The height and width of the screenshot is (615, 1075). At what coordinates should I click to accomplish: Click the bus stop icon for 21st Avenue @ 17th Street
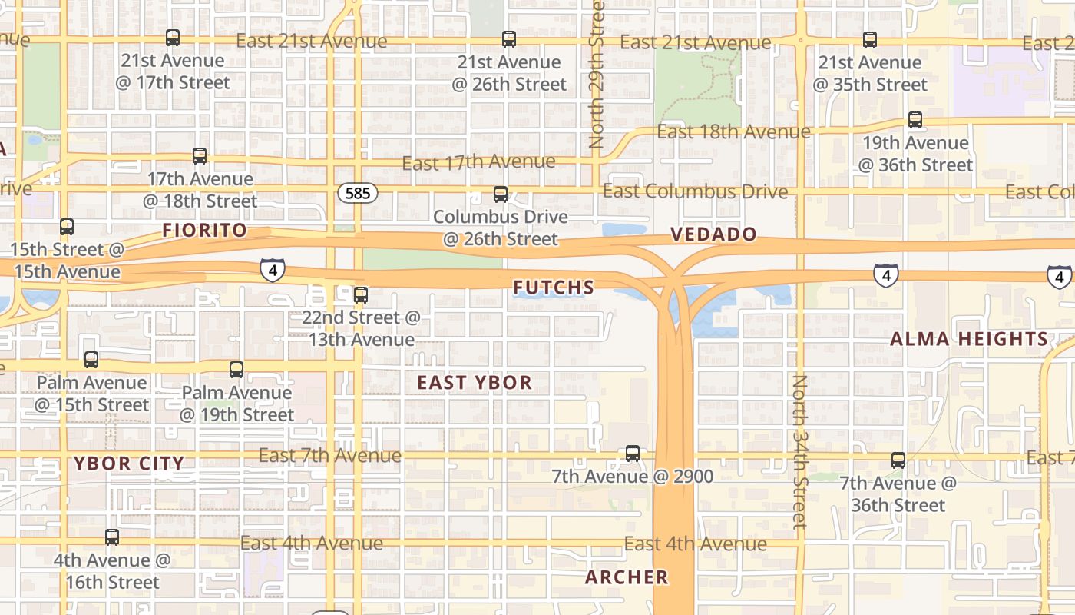tap(173, 38)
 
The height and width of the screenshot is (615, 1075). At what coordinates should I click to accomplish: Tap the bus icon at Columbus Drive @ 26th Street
tap(501, 194)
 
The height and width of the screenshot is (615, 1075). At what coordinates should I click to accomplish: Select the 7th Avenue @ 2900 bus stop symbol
tap(633, 454)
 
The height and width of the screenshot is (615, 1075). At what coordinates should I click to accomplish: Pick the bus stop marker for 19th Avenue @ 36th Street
tap(915, 120)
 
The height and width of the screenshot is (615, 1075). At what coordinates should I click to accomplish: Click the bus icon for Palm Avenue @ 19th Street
tap(237, 370)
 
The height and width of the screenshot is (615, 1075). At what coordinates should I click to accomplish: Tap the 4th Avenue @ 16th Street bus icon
tap(112, 537)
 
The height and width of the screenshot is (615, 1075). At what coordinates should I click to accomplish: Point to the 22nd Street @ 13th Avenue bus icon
tap(361, 294)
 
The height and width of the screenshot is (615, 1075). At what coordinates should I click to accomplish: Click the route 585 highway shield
tap(358, 193)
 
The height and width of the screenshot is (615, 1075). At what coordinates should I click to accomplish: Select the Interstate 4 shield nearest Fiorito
tap(273, 270)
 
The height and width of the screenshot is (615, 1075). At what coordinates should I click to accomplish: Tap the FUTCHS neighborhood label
tap(554, 288)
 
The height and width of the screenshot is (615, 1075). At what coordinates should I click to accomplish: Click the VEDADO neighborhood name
tap(714, 234)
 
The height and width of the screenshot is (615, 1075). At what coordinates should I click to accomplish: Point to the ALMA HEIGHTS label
tap(969, 339)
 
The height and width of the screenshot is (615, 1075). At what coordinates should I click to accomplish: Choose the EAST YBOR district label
tap(475, 382)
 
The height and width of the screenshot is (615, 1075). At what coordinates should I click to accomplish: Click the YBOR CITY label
tap(129, 463)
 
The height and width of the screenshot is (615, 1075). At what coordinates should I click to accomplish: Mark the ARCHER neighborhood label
tap(627, 577)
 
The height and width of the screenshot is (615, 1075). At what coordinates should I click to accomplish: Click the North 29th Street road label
tap(597, 74)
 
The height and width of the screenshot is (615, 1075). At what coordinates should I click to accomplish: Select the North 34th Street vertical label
tap(800, 451)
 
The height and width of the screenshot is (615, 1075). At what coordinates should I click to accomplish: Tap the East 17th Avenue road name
tap(478, 162)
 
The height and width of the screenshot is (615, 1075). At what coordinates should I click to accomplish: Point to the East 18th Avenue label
tap(733, 131)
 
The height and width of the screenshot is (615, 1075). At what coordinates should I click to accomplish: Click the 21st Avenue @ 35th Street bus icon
tap(869, 40)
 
